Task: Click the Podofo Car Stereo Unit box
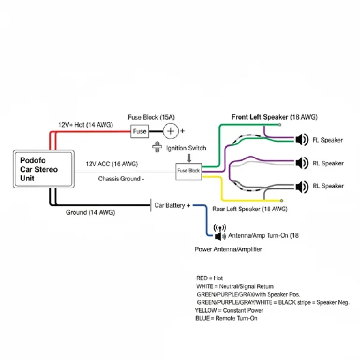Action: coord(43,169)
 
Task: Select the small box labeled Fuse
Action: coord(139,131)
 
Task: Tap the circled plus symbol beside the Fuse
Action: coord(171,131)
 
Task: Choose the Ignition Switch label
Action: coord(186,148)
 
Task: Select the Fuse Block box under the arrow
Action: coord(188,171)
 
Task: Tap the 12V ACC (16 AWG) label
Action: coord(112,165)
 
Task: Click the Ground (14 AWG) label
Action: coord(90,212)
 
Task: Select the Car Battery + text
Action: coord(172,205)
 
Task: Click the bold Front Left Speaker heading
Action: coord(260,117)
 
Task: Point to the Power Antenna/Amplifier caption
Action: coord(228,249)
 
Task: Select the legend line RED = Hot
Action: coord(210,278)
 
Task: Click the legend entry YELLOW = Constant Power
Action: coord(229,310)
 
